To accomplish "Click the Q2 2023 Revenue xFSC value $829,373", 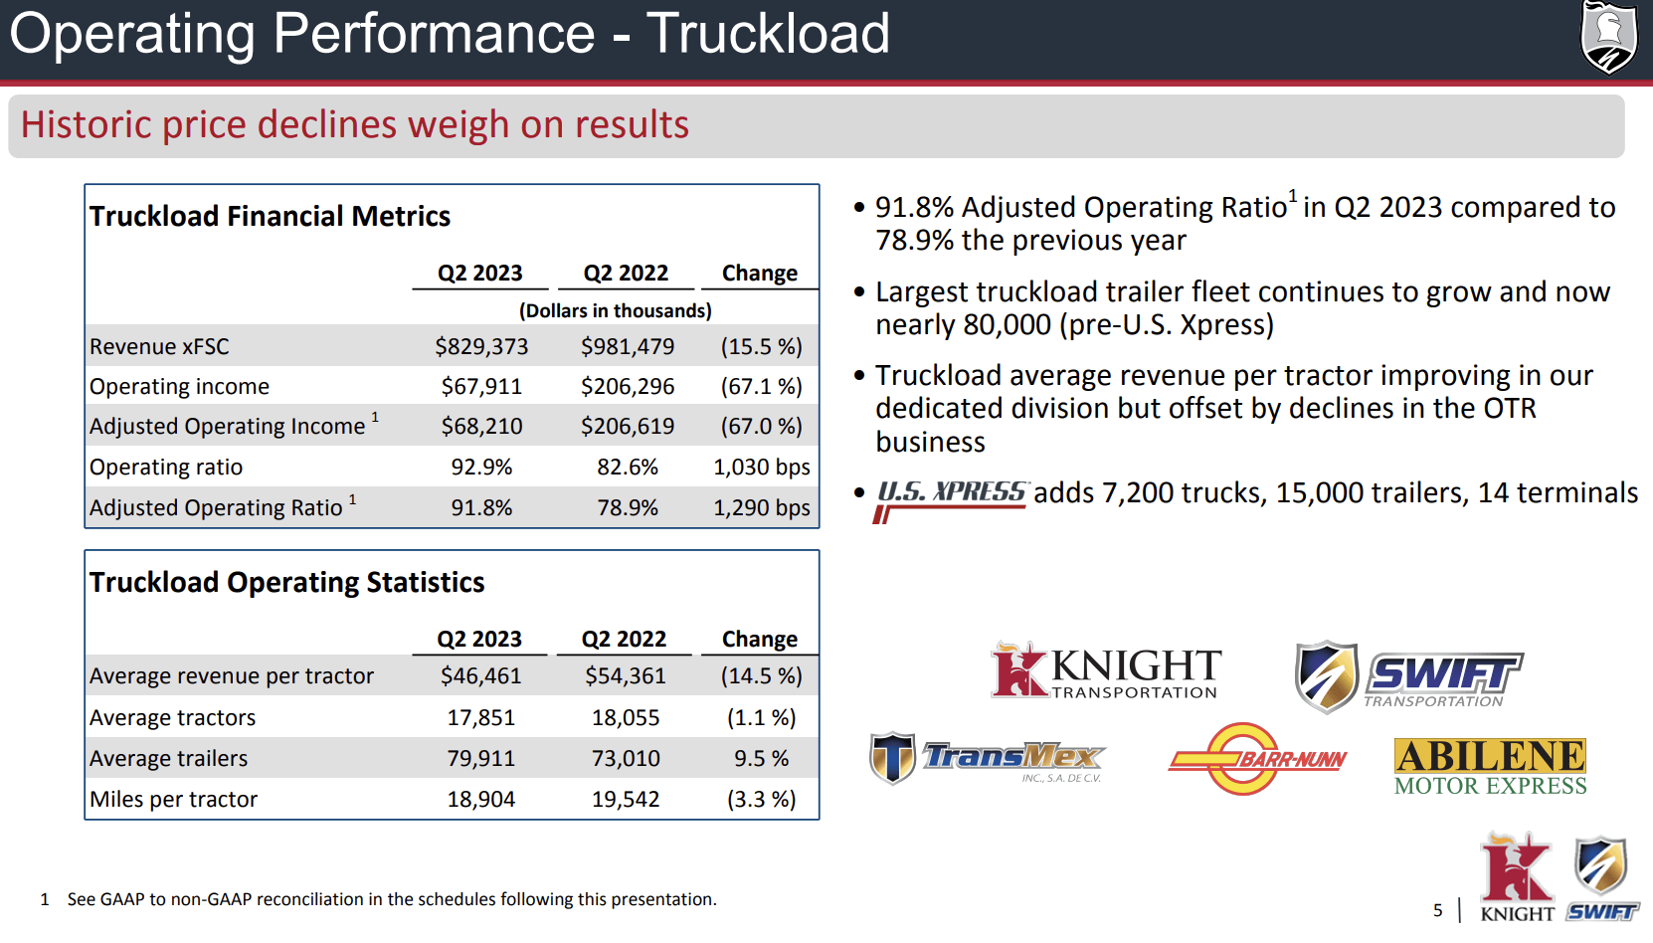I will (481, 346).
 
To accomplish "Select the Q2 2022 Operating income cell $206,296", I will (628, 386).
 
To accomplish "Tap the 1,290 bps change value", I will (761, 507).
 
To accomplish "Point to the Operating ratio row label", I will (166, 467).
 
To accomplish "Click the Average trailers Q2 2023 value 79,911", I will (481, 758).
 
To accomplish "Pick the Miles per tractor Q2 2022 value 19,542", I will (626, 799).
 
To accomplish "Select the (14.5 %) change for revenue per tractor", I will (761, 675).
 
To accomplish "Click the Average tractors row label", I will (172, 717).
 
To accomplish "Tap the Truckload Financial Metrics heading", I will (270, 216).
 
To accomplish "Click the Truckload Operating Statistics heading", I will (286, 582).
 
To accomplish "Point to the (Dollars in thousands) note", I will (615, 310).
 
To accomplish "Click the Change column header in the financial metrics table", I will (759, 273).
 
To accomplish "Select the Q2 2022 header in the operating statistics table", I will (624, 639).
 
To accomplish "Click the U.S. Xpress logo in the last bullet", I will (950, 498).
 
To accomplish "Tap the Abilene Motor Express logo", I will (1490, 766).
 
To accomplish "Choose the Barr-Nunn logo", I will (1256, 759).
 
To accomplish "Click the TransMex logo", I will (988, 759).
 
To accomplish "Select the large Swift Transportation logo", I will (1407, 676).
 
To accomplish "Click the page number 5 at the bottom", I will (1437, 910).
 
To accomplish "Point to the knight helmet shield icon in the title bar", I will (1608, 38).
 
